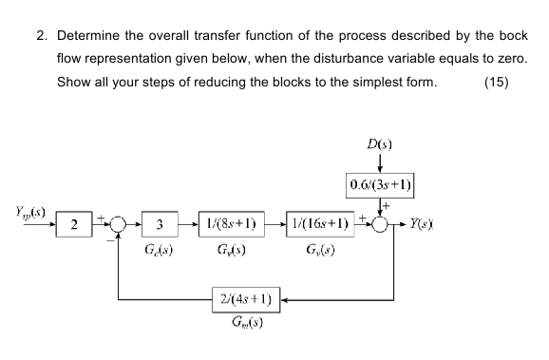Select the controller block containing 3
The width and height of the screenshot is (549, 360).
[160, 225]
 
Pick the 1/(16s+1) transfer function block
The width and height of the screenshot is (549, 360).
[318, 225]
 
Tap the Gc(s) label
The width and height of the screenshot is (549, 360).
[159, 252]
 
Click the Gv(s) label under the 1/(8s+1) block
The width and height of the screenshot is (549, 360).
[231, 252]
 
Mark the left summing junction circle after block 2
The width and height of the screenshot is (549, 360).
[117, 225]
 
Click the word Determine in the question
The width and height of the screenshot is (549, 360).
[90, 37]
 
